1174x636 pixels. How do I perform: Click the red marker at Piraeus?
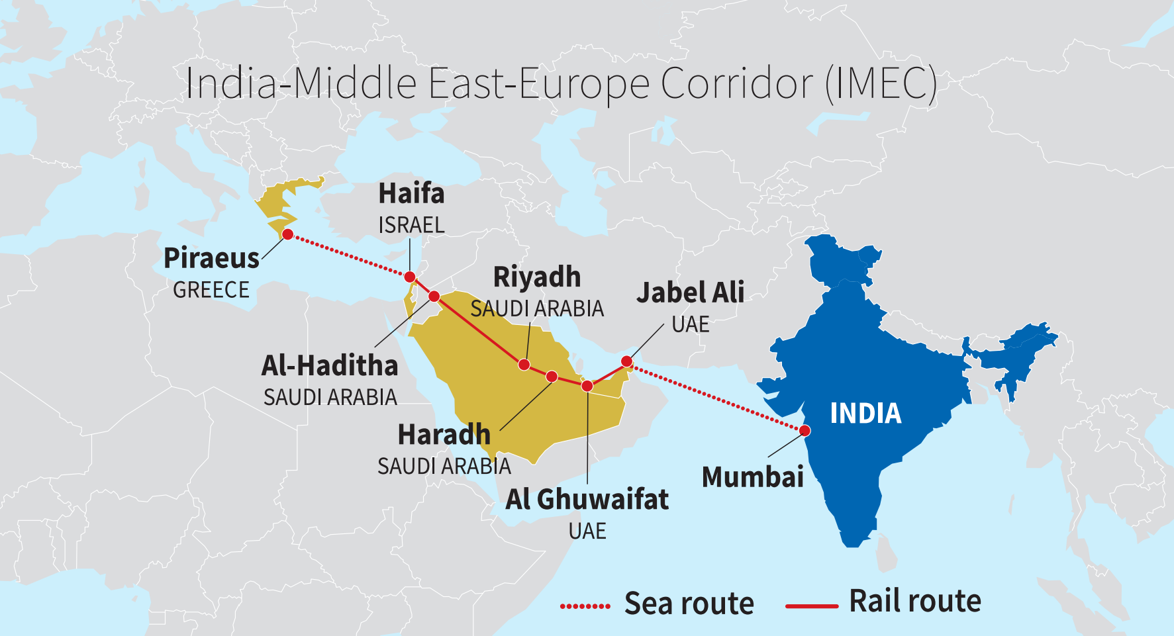click(x=287, y=234)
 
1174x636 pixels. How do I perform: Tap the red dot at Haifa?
click(x=410, y=277)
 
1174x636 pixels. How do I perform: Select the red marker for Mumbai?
click(x=805, y=431)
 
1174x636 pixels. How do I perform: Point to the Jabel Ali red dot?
click(x=626, y=361)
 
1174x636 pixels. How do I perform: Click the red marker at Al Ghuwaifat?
click(x=587, y=386)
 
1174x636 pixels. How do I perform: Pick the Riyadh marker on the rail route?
click(x=524, y=365)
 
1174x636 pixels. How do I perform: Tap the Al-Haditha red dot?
click(x=434, y=296)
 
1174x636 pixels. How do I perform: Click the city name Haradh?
click(x=444, y=435)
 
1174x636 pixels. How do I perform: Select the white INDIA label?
click(x=865, y=414)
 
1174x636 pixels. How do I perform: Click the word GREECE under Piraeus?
click(x=211, y=290)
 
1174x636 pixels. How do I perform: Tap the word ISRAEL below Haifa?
click(x=411, y=226)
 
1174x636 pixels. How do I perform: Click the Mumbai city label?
click(x=752, y=477)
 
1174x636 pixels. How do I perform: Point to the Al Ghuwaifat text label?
click(x=587, y=500)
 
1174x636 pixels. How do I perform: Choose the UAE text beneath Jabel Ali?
click(x=690, y=324)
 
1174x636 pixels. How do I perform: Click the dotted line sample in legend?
click(x=585, y=606)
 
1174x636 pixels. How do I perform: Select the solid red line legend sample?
click(x=811, y=606)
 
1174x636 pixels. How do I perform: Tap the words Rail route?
click(x=914, y=601)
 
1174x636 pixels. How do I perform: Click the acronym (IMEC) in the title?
click(x=881, y=84)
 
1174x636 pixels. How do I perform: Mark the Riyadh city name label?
click(x=536, y=277)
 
